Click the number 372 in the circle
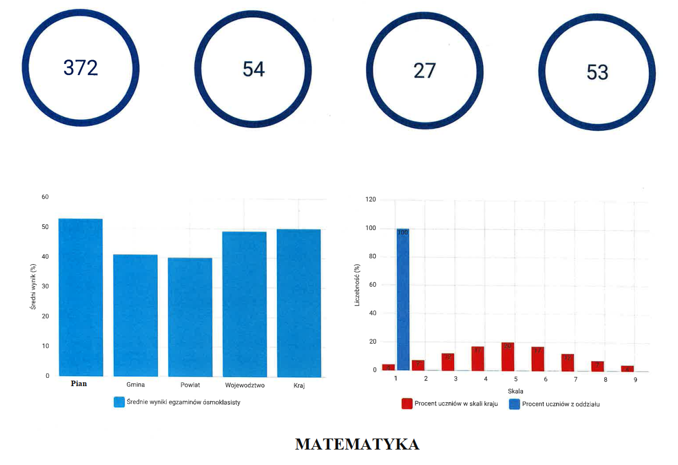tap(81, 68)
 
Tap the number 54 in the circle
tap(254, 69)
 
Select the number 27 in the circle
tap(425, 71)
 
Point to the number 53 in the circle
tap(597, 72)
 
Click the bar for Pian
tap(81, 298)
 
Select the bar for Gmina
tap(135, 316)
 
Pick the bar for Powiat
tap(190, 317)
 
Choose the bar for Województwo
tap(244, 304)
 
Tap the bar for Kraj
tap(298, 303)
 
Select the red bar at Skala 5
tap(508, 356)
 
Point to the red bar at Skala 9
tap(627, 368)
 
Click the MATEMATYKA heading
tap(357, 444)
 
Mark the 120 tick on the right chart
tap(370, 200)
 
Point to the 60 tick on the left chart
tap(45, 197)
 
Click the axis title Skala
tap(515, 391)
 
